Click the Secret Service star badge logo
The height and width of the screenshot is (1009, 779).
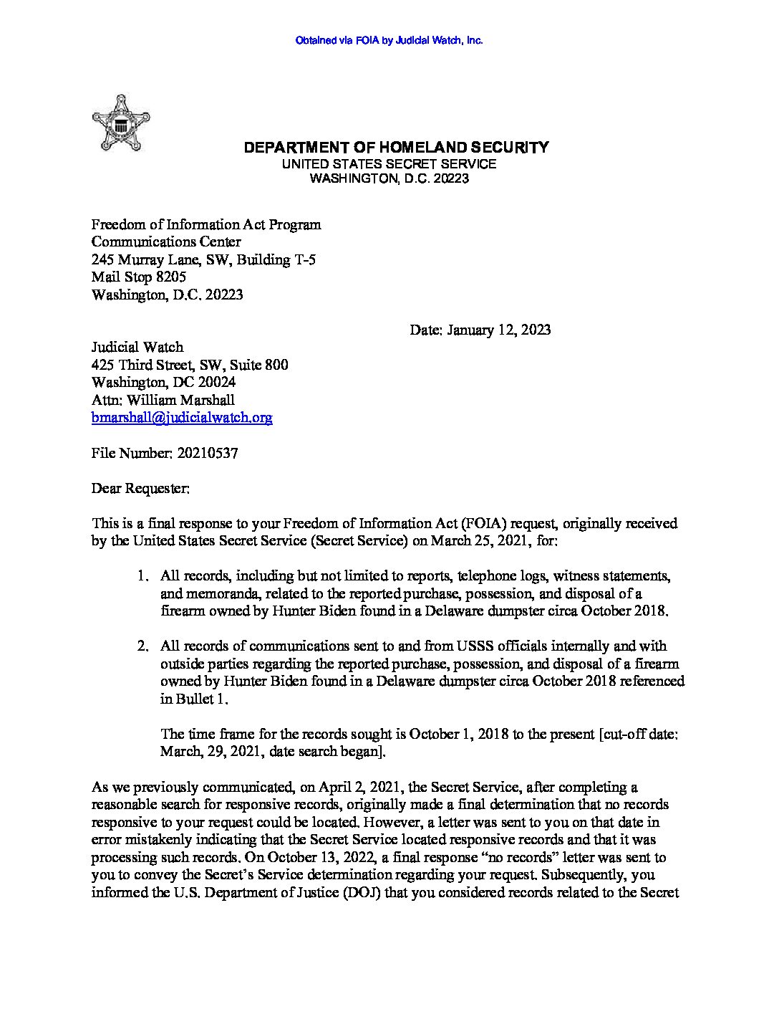(x=121, y=123)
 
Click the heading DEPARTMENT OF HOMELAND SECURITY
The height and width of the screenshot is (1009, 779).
(x=396, y=148)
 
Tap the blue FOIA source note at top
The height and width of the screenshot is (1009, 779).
(x=389, y=41)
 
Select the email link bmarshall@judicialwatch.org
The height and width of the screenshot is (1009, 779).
(x=182, y=418)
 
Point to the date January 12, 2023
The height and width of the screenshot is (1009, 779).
(x=499, y=330)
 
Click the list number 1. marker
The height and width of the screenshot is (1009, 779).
(x=143, y=576)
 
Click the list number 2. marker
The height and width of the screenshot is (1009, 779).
(x=143, y=646)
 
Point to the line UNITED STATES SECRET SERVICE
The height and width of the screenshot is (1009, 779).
(x=389, y=164)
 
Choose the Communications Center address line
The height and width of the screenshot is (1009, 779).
(x=166, y=242)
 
